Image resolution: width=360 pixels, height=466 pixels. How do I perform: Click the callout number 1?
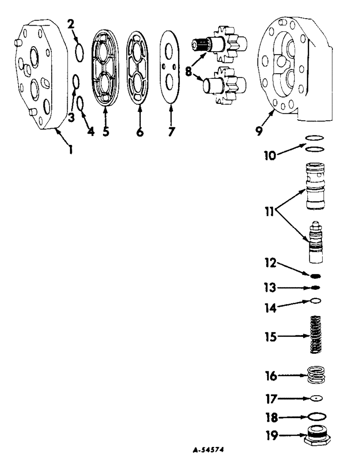click(x=70, y=150)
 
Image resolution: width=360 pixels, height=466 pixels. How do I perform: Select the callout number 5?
click(x=106, y=131)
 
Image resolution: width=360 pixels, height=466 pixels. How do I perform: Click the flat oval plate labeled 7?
click(x=171, y=66)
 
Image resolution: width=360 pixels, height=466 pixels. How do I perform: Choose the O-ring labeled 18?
click(x=317, y=416)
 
